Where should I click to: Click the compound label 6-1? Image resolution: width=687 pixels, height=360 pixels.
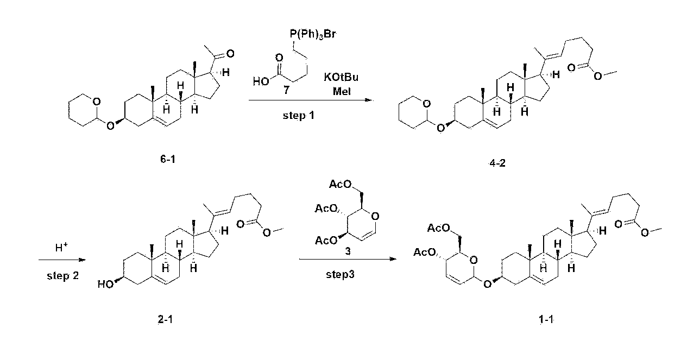coord(168,159)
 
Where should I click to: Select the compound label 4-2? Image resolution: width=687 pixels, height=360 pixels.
coord(497,163)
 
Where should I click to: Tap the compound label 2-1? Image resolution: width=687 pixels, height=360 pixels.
coord(165,320)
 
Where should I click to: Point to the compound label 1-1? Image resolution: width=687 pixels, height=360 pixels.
coord(546,320)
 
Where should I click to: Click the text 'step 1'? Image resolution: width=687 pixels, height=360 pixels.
coord(298,116)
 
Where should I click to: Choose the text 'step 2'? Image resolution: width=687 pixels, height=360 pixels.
coord(62,276)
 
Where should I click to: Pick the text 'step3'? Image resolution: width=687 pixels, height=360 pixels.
coord(340,274)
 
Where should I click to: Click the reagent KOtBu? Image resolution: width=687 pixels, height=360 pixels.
coord(341,77)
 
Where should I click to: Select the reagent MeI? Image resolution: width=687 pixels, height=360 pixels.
coord(342,91)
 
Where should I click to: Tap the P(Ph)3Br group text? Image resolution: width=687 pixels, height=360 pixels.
coord(313,34)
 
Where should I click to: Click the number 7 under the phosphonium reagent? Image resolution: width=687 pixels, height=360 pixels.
coord(286,90)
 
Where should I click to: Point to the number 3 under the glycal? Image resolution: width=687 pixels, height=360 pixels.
coord(348,251)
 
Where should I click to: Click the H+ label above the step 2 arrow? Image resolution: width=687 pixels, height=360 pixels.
coord(61,247)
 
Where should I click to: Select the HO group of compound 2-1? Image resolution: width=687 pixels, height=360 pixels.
coord(105,285)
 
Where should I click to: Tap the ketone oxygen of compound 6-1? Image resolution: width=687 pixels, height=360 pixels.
coord(230,54)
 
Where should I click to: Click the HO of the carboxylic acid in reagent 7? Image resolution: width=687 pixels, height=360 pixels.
coord(261,81)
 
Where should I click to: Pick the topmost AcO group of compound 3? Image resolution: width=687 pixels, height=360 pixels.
coord(340,184)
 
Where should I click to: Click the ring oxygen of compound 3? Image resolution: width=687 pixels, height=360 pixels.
coord(375,217)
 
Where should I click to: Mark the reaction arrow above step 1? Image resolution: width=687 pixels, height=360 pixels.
coord(311,100)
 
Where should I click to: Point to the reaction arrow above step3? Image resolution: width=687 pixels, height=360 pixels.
coord(348,259)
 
